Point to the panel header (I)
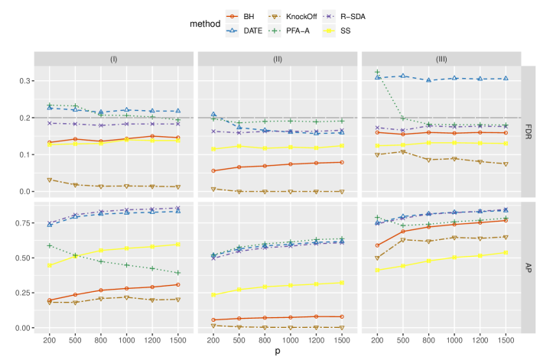click(114, 59)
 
